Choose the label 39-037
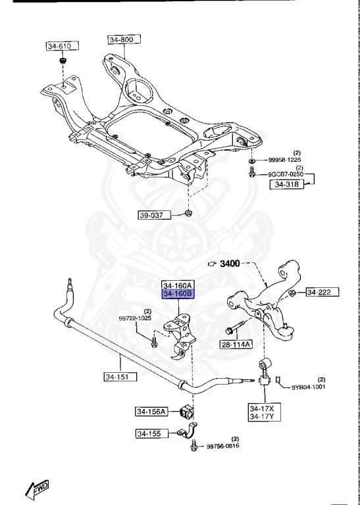(x=154, y=215)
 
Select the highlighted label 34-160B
(x=178, y=295)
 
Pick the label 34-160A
(x=178, y=286)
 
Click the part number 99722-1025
(x=135, y=318)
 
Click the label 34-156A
(x=152, y=412)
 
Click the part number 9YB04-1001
(x=309, y=387)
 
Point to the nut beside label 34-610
(x=62, y=62)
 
